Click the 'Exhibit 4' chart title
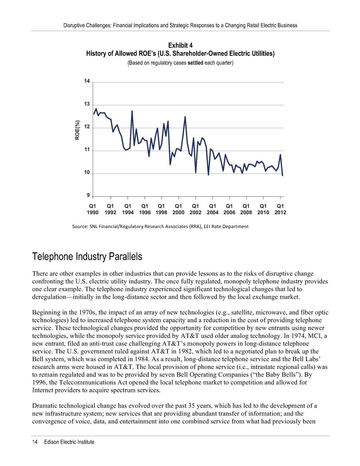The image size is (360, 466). coord(180,45)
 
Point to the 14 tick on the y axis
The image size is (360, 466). coord(87,81)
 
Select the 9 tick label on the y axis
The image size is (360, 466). coord(88,195)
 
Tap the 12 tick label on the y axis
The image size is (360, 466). coord(87,127)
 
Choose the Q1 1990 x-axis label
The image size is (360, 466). coord(93,209)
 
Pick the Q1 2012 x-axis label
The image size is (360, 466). coord(280,209)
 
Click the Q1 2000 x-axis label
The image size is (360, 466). coord(178,209)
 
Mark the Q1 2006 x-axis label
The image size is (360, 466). coord(229,209)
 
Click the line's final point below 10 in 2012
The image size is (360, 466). coord(282,175)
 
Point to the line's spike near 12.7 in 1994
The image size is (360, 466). coord(132,111)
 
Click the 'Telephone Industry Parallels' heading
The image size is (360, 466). coord(87,257)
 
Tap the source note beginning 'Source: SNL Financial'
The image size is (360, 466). coord(160,226)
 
